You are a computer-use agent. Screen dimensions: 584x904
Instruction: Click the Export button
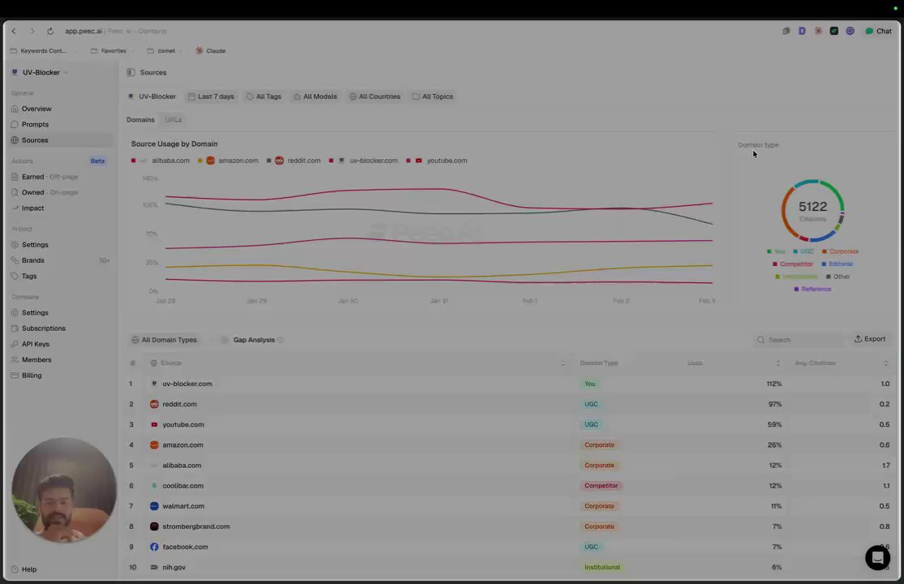pos(869,339)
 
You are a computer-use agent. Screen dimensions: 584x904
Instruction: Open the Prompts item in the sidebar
pos(35,124)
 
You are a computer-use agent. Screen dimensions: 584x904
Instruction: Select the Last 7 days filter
pos(211,97)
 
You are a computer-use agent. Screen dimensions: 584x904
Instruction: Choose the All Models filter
pos(315,97)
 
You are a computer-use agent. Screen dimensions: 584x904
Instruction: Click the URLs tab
pos(174,120)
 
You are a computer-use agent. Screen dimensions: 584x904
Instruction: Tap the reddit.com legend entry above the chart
pos(298,161)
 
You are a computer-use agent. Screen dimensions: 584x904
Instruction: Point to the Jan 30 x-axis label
pos(347,301)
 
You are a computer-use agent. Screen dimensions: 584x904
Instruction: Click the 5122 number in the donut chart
pos(812,207)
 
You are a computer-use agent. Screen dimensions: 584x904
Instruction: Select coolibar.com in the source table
pos(183,486)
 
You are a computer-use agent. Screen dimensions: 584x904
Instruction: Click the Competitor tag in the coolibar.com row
pos(601,486)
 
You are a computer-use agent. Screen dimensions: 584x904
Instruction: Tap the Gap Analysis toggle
pos(225,340)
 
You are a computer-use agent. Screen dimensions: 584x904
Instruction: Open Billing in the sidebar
pos(32,376)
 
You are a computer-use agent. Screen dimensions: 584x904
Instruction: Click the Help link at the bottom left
pos(28,569)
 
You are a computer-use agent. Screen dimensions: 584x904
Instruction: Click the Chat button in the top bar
pos(878,31)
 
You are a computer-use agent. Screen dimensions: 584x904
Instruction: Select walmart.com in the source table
pos(183,506)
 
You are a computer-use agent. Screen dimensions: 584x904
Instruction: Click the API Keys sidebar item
pos(35,344)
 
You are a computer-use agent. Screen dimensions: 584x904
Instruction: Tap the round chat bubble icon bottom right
pos(877,558)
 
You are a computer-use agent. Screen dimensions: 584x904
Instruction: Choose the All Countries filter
pos(375,97)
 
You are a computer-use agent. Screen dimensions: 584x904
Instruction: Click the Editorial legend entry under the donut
pos(840,264)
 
